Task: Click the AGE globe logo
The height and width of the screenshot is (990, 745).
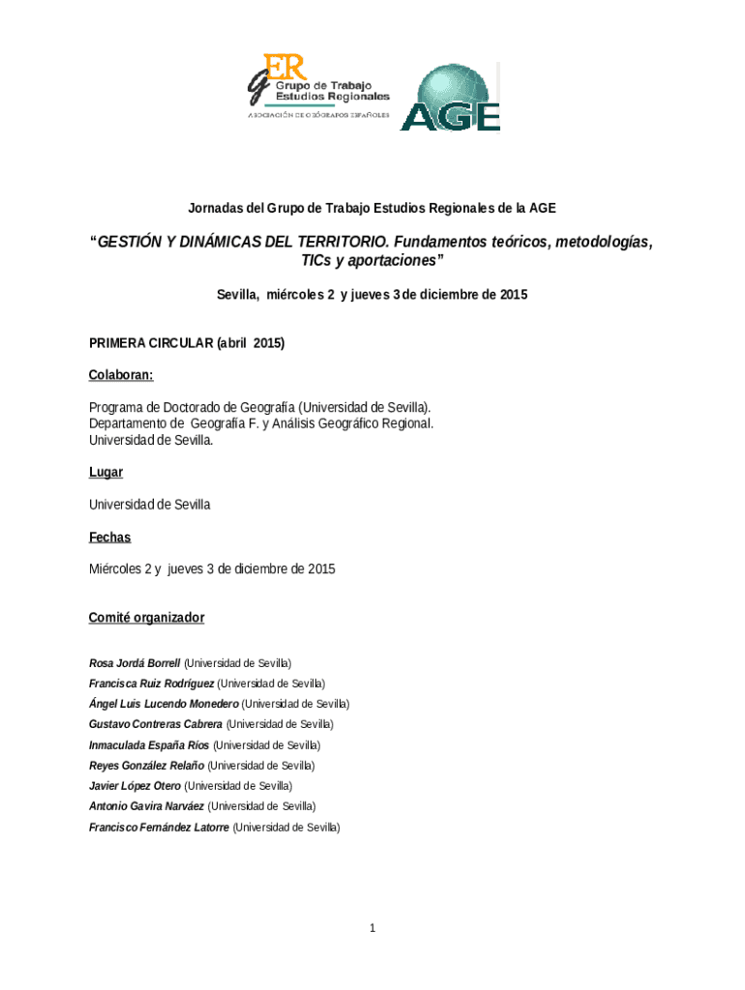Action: click(450, 97)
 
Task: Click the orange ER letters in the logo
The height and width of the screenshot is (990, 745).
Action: click(287, 67)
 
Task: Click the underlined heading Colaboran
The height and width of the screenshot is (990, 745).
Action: click(121, 374)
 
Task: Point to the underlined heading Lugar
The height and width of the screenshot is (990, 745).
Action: click(105, 472)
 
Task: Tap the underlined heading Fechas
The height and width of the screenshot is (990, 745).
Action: click(109, 537)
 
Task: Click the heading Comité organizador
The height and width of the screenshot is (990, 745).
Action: click(146, 617)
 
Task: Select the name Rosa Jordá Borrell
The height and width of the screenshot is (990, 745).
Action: click(134, 663)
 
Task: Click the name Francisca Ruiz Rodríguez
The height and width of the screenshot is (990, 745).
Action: click(151, 684)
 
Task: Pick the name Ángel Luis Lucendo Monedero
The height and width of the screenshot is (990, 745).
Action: click(164, 704)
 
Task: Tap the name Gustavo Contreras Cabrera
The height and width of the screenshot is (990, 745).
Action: click(155, 724)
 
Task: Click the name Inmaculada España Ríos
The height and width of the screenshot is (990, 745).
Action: click(149, 745)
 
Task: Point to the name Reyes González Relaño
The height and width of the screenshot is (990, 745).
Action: click(146, 766)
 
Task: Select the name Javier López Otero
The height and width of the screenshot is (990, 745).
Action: click(134, 786)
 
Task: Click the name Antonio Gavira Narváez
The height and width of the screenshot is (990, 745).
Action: click(146, 806)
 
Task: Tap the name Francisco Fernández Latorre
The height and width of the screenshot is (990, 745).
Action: click(160, 828)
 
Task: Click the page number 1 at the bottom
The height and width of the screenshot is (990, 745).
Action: click(372, 929)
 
